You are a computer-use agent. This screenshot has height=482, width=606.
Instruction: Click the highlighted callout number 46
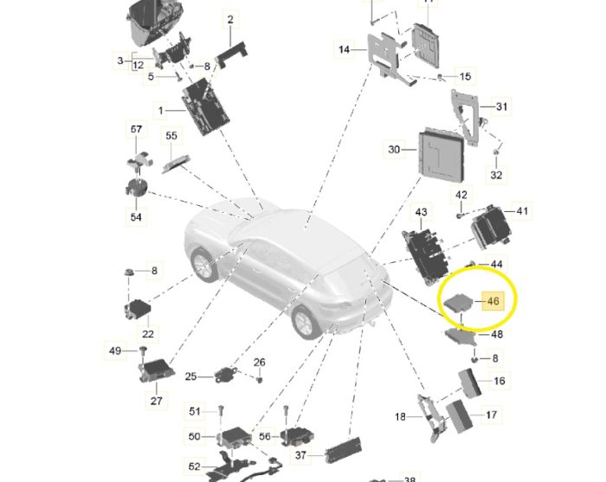point(493,301)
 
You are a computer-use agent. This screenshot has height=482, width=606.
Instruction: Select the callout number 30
point(394,149)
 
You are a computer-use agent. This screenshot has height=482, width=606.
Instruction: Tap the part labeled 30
point(441,155)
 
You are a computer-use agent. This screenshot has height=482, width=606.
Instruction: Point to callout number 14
point(344,50)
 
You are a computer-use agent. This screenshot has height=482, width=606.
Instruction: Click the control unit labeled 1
point(205,106)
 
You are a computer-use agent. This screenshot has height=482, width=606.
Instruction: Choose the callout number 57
point(136,129)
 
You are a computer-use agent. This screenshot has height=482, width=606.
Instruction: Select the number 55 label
point(171,136)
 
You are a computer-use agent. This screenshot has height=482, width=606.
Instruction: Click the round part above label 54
point(137,187)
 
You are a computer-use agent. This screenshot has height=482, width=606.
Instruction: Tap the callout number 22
point(148,334)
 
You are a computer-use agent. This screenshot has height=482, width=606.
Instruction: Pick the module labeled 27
point(157,370)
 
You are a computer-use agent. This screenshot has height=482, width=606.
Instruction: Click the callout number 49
point(115,350)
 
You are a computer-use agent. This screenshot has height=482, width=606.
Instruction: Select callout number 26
point(260,363)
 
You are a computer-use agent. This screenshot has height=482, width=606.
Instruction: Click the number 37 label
point(300,455)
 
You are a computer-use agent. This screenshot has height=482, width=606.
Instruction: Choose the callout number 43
point(421,212)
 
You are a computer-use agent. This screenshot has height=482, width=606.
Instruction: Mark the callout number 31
point(501,106)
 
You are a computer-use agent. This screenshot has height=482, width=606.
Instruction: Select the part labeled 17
point(459,417)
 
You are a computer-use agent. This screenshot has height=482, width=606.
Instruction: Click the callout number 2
point(230,19)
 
